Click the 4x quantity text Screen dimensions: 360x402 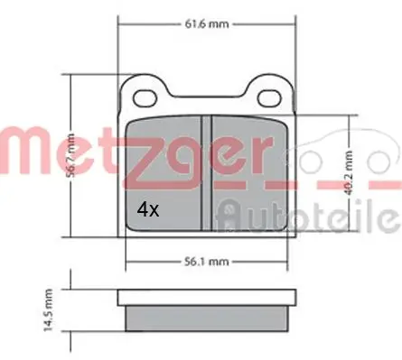(x=147, y=209)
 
